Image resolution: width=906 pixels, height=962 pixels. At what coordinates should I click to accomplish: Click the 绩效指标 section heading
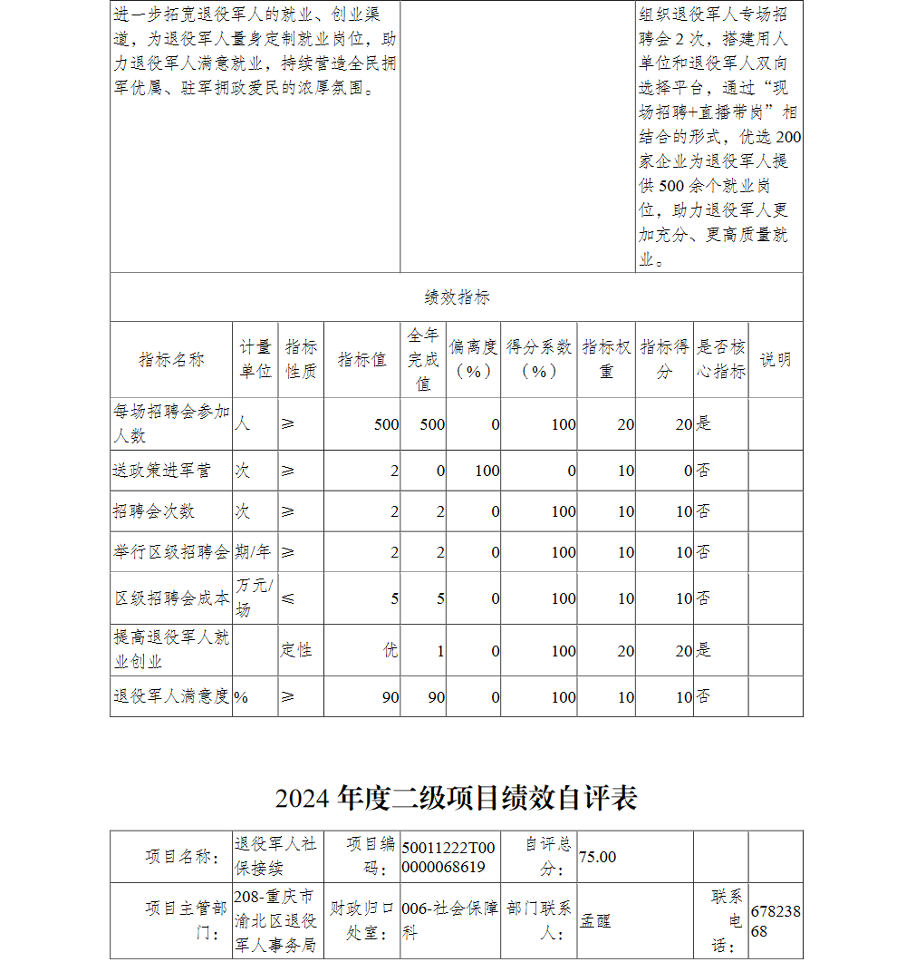(457, 297)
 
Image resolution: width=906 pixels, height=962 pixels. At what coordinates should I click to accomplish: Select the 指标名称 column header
(171, 360)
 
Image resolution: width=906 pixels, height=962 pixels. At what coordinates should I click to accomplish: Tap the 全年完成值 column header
(423, 360)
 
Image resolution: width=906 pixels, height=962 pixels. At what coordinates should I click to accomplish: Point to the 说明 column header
(775, 360)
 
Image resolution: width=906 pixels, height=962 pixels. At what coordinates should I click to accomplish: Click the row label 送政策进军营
(162, 471)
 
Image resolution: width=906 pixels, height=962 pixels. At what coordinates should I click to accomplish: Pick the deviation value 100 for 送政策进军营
(487, 471)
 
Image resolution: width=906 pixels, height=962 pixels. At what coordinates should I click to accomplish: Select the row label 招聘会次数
(154, 511)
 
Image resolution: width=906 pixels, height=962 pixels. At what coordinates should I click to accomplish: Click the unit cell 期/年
(254, 552)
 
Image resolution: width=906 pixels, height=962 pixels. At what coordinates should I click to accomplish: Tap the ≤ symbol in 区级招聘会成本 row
(288, 598)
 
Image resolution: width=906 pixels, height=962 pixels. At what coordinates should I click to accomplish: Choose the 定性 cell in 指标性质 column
(296, 650)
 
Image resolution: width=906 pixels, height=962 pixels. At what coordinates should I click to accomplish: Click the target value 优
(390, 650)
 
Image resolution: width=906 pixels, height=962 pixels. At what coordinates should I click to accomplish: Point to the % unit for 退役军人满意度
(242, 697)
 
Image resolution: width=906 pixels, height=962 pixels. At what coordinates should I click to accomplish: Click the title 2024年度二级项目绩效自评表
(457, 797)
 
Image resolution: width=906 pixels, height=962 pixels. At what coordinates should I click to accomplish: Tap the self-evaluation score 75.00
(598, 857)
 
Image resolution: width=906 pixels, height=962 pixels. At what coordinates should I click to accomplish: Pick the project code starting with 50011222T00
(448, 857)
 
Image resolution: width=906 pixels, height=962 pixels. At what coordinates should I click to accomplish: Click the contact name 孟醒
(595, 920)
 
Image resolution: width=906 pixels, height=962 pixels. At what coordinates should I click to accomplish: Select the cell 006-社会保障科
(449, 920)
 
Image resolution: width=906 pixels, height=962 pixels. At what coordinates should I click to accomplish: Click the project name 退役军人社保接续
(275, 857)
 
